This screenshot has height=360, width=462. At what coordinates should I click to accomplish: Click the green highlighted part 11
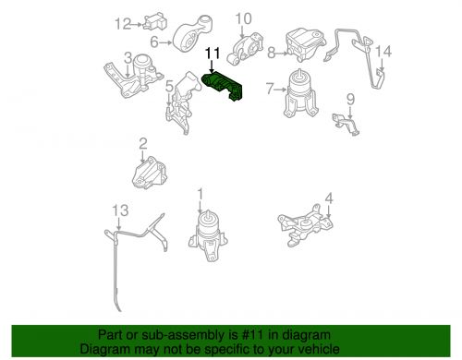223,87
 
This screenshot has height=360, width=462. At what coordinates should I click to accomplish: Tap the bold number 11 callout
213,53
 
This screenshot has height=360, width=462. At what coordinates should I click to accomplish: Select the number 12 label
123,24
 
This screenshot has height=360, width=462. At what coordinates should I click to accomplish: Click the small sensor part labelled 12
154,21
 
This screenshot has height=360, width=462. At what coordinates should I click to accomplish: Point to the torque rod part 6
193,35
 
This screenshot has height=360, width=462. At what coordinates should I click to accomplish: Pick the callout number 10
243,18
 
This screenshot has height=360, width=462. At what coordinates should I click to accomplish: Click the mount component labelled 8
305,44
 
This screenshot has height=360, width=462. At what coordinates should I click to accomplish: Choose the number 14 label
383,52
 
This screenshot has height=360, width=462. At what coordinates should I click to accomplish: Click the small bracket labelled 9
346,123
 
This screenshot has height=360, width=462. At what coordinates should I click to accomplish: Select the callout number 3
128,57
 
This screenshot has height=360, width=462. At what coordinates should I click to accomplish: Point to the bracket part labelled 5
184,102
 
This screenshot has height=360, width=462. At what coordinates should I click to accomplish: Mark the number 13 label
120,210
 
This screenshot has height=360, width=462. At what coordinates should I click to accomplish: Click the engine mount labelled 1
208,236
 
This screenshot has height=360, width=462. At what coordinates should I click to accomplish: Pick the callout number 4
329,198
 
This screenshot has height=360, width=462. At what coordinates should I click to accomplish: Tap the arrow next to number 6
165,42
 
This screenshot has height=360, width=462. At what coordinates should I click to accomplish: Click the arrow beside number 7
281,90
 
